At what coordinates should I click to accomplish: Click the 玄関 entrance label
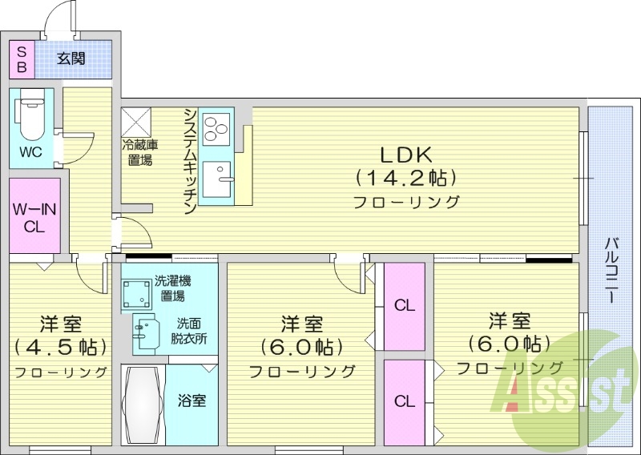coord(71,58)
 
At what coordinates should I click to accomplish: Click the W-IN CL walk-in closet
coord(34,216)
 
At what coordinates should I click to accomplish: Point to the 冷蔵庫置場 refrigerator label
coord(138,152)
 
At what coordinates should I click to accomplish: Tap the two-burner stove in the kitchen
coord(216,128)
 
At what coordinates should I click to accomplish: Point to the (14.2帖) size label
coord(406,176)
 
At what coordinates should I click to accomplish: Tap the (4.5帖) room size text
coord(60,348)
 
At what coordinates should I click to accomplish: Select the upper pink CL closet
coord(405,305)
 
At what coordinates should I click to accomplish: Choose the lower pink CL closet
coord(405,401)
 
